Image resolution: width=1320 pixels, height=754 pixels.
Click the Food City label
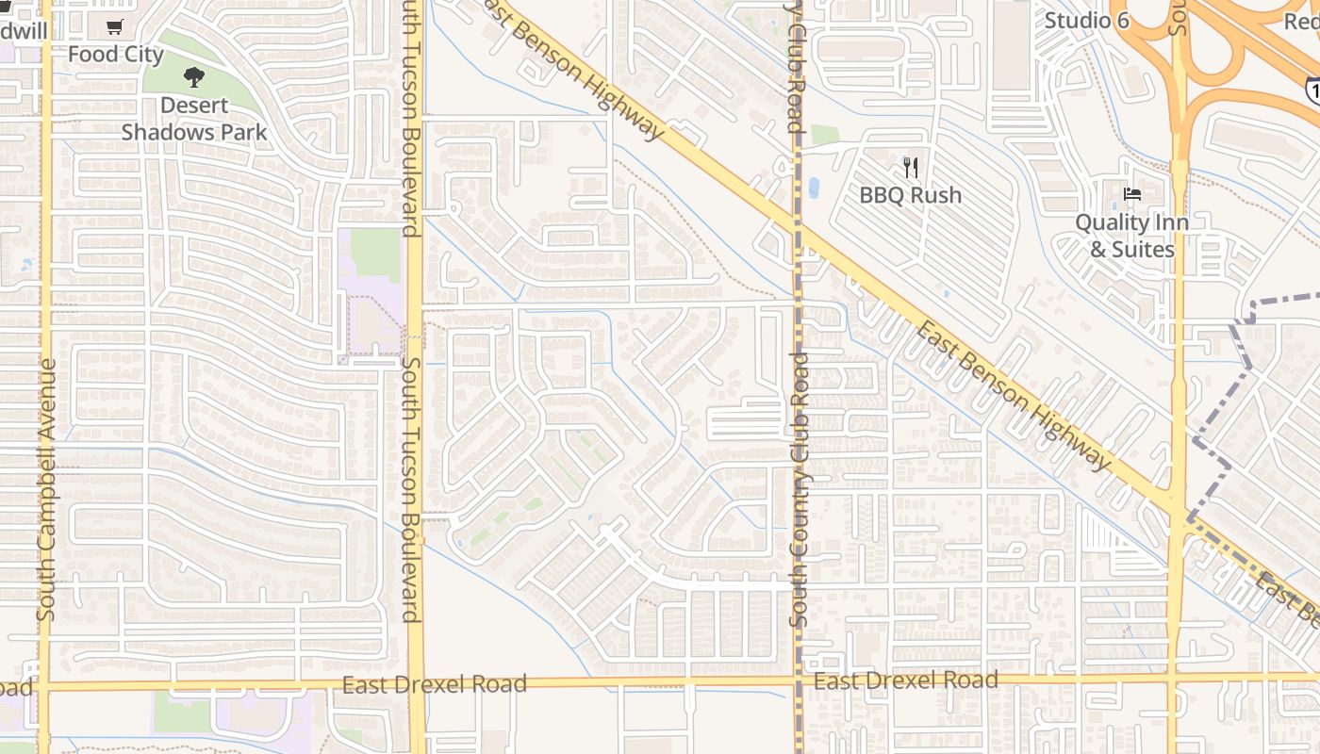tap(116, 55)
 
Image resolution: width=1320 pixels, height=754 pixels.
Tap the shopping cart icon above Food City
tap(115, 27)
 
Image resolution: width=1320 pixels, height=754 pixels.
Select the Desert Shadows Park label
tap(194, 119)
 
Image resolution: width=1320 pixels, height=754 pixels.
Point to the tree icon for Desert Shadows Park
tap(194, 77)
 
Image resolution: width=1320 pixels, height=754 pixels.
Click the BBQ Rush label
tap(911, 195)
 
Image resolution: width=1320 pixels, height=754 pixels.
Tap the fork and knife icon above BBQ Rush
tap(911, 168)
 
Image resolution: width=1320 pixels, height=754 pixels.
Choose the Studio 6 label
tap(1086, 19)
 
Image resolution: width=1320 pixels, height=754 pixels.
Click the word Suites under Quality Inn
tap(1132, 250)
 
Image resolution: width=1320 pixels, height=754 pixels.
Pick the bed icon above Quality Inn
tap(1132, 194)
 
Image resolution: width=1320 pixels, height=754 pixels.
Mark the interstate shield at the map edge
tap(1312, 90)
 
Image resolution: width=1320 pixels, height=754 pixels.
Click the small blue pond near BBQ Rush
tap(813, 188)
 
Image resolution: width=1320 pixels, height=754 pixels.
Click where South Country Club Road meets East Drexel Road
tap(798, 680)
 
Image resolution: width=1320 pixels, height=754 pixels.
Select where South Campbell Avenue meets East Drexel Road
tap(44, 686)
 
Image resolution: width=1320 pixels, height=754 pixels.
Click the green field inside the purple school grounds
tap(376, 254)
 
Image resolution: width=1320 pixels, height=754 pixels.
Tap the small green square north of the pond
tap(825, 135)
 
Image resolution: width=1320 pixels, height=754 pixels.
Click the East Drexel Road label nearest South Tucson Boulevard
tap(434, 684)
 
